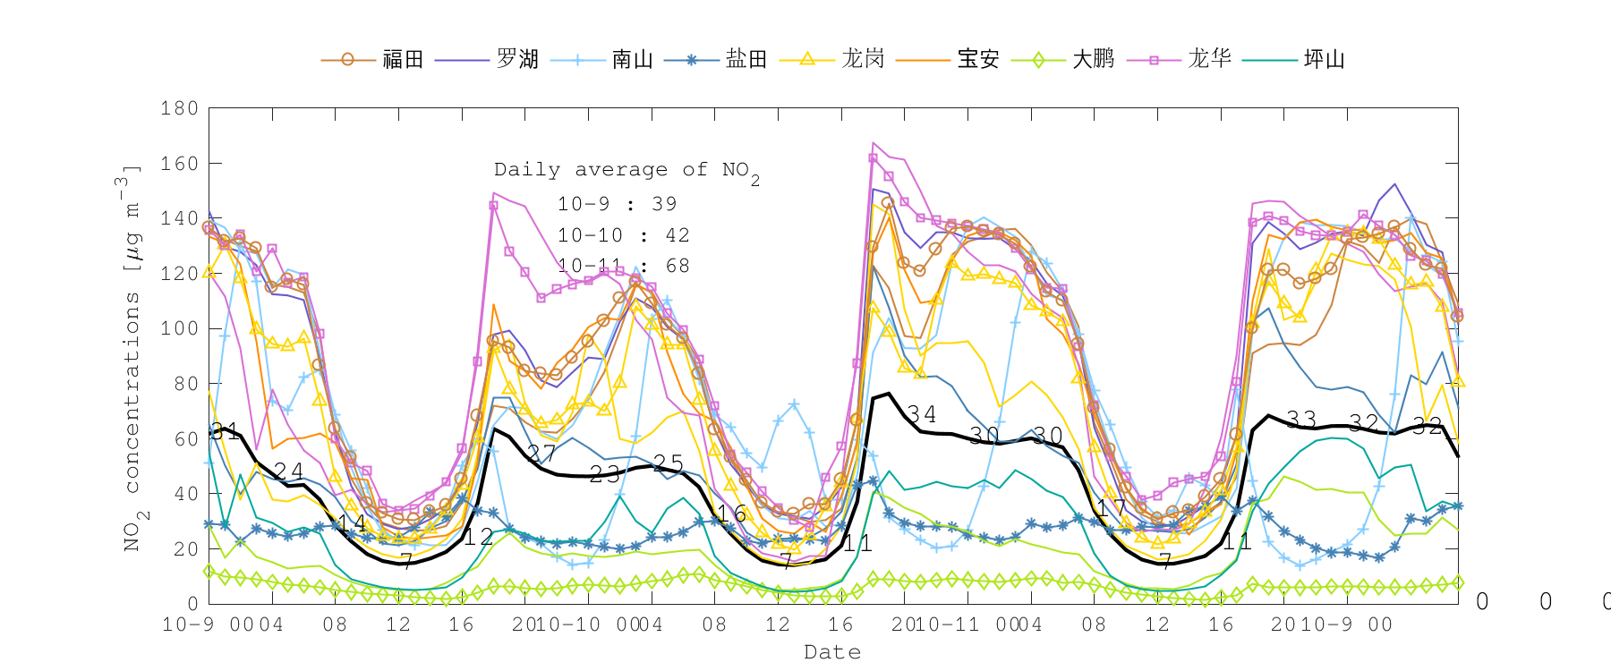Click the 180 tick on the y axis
click(x=180, y=108)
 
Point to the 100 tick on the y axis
click(x=180, y=328)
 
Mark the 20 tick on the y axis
click(x=185, y=548)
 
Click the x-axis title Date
click(x=832, y=652)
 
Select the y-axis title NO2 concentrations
click(x=131, y=358)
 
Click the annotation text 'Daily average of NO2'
click(x=626, y=170)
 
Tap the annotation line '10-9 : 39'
click(x=618, y=204)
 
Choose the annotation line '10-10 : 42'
click(x=624, y=235)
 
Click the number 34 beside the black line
click(x=922, y=413)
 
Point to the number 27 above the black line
click(x=542, y=453)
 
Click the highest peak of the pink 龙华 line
click(x=874, y=142)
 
